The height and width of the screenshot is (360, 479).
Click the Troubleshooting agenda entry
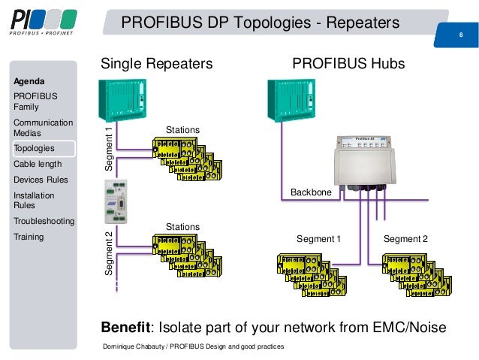coord(44,221)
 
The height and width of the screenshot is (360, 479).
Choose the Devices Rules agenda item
coord(41,180)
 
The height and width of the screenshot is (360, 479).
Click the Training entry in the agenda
coord(29,237)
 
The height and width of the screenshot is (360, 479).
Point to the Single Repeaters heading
coord(157,65)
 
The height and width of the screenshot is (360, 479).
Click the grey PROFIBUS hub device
coord(363,162)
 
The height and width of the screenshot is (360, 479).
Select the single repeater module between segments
coord(115,203)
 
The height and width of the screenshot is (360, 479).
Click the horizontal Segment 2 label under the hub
coord(405,239)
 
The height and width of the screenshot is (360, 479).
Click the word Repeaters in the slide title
coord(358,23)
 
